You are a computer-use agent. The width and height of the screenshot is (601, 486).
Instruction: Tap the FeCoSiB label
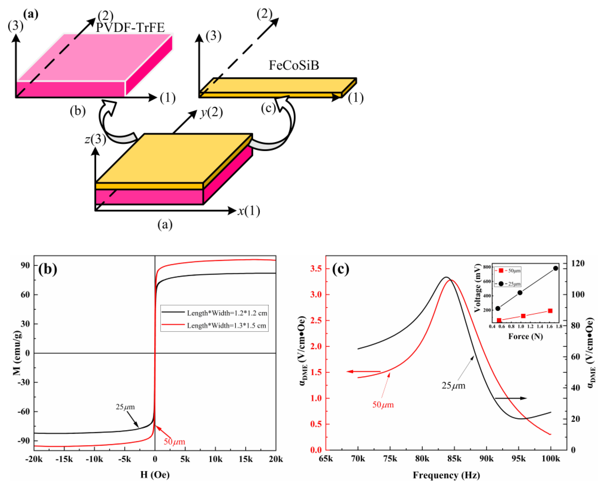click(x=294, y=65)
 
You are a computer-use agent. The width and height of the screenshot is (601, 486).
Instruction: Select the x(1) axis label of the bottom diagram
click(x=249, y=211)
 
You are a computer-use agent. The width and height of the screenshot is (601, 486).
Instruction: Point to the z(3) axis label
click(x=95, y=139)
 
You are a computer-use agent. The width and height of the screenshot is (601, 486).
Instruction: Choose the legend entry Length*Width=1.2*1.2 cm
click(x=227, y=313)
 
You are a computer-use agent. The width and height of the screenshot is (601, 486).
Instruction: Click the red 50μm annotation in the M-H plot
click(x=174, y=442)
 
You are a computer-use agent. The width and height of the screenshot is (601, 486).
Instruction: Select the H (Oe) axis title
click(x=155, y=474)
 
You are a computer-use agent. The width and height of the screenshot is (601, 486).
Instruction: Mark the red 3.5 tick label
click(x=316, y=269)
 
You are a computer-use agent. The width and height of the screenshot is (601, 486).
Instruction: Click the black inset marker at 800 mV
click(x=555, y=268)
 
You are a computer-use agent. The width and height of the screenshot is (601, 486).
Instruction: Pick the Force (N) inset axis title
click(x=525, y=336)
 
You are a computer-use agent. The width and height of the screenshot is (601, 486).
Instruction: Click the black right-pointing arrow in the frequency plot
click(x=511, y=398)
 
